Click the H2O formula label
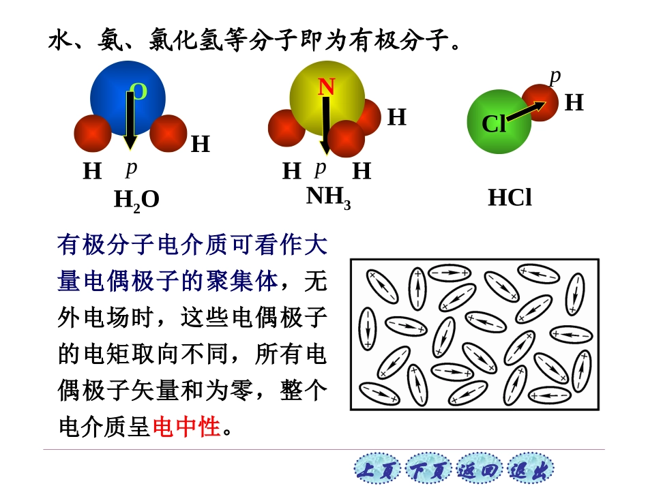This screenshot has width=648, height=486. (x=136, y=200)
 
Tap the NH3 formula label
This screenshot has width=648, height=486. (x=328, y=197)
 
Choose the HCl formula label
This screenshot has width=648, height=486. (x=510, y=198)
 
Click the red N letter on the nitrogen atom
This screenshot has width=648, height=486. (x=326, y=87)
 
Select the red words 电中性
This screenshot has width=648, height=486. (x=186, y=427)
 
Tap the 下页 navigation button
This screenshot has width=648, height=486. (x=428, y=470)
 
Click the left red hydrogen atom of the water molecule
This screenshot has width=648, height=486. (x=93, y=134)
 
